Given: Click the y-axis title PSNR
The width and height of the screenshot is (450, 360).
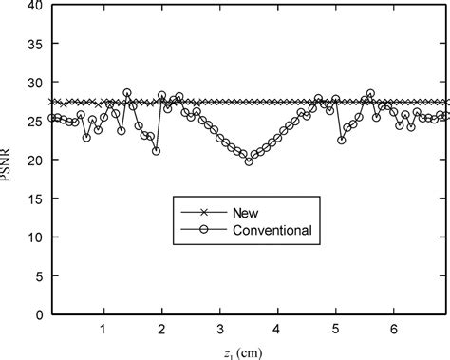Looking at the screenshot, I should (10, 160).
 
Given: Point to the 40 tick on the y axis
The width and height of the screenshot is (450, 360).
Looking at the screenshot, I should (34, 7).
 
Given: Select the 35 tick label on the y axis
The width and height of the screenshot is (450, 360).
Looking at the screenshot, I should (34, 45).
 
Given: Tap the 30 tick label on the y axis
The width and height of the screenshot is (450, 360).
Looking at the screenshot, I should (34, 84).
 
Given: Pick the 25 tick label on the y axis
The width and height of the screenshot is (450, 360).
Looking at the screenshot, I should (34, 122).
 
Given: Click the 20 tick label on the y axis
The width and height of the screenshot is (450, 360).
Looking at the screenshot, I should (34, 161).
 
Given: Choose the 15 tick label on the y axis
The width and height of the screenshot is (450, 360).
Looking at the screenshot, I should (34, 199).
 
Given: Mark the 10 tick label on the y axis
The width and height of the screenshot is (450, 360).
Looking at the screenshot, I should (34, 237).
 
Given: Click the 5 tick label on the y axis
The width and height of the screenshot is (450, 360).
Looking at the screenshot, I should (38, 275).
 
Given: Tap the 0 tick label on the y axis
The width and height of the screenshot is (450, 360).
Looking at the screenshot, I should (38, 314).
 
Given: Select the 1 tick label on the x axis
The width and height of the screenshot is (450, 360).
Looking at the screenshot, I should (104, 329).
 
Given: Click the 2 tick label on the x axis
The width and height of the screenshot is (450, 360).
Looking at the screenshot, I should (162, 329).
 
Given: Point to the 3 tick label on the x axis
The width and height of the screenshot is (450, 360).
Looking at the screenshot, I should (220, 329).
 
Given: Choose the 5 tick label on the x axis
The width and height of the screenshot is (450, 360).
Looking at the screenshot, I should (335, 329).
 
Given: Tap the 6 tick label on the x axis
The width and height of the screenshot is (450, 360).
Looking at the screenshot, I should (393, 329).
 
